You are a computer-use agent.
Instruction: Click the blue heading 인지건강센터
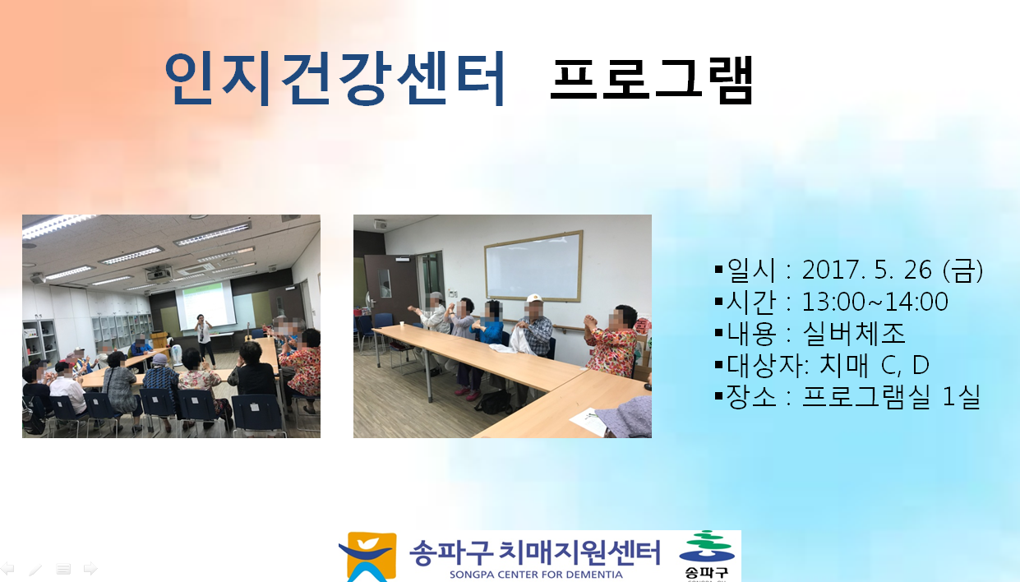click(x=335, y=78)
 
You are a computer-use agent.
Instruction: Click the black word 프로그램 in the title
click(x=652, y=81)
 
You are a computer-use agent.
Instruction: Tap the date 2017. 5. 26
click(x=866, y=270)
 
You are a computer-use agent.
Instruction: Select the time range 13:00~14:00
click(x=875, y=302)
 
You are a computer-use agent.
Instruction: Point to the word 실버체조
click(x=853, y=333)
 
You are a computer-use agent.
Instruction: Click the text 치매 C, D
click(x=875, y=365)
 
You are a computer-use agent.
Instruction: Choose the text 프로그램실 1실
click(x=890, y=397)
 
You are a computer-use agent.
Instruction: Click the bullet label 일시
click(x=750, y=270)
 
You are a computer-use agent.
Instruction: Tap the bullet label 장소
click(x=750, y=397)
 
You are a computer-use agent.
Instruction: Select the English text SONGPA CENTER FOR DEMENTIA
click(x=536, y=575)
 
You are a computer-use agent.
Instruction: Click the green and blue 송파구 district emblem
click(x=706, y=556)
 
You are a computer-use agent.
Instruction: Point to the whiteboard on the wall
click(x=533, y=267)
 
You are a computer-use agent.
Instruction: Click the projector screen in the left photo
click(x=205, y=304)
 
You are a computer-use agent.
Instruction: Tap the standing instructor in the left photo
click(x=204, y=339)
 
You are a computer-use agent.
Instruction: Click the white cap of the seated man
click(x=534, y=298)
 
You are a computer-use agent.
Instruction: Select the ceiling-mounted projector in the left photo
click(x=159, y=273)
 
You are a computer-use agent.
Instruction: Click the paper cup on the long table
click(x=402, y=324)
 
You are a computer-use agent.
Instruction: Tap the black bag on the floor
click(x=494, y=403)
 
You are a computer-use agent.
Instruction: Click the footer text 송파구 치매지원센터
click(x=534, y=552)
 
